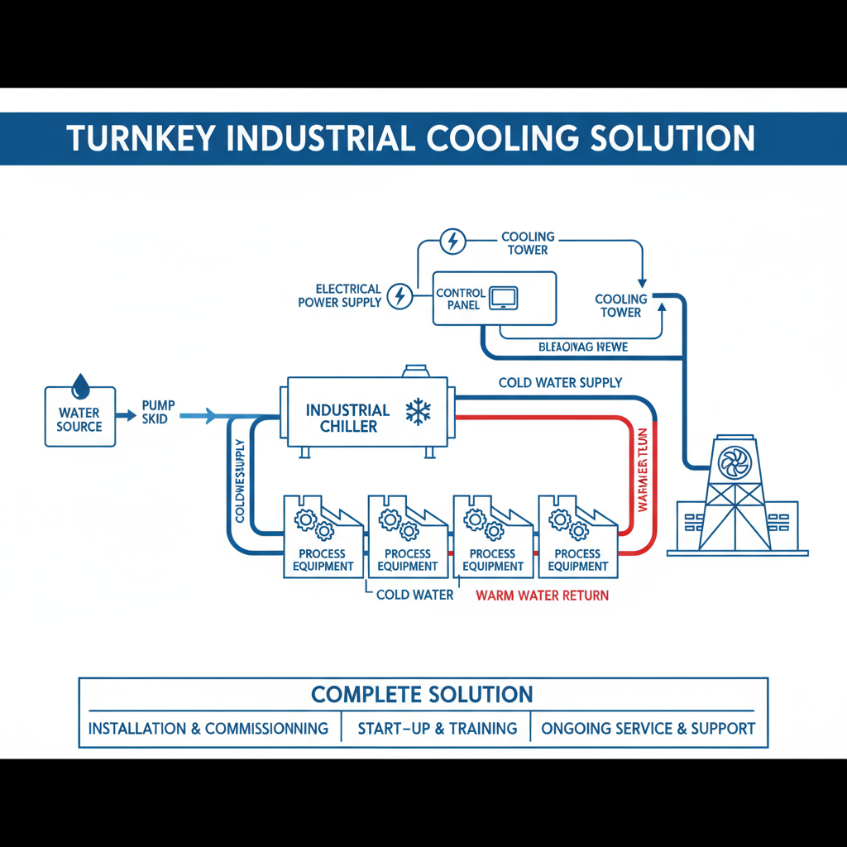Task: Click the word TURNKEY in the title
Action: pos(141,138)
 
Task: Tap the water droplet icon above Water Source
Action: pos(80,385)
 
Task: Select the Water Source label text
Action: pos(79,419)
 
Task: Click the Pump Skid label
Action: pos(158,412)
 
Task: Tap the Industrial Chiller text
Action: pos(347,419)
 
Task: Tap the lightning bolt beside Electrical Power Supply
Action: pos(400,295)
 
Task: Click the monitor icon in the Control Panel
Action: pos(503,298)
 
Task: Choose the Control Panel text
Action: pos(461,299)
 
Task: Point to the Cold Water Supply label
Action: pos(560,383)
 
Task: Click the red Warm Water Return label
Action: pos(542,595)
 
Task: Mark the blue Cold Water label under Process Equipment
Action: pos(414,595)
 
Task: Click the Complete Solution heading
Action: pos(422,694)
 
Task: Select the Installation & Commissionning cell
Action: pos(208,729)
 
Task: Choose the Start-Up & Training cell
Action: pos(437,729)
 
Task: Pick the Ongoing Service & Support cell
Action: pos(648,729)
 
